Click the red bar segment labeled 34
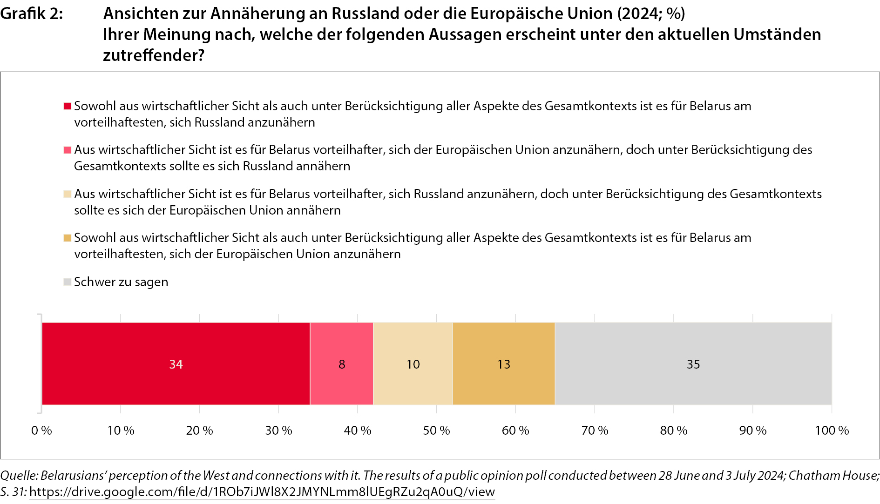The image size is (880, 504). coord(176,363)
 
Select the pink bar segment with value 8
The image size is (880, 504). coord(342,363)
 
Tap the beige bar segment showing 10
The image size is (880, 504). coord(413,363)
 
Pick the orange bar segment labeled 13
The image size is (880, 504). coord(504,363)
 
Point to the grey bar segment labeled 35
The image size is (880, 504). coord(693,363)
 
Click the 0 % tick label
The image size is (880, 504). coord(41,430)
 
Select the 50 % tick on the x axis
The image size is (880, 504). coord(436,430)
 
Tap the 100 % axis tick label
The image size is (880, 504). coord(832,430)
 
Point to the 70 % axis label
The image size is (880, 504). coord(595,430)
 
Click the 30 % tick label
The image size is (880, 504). coord(278,430)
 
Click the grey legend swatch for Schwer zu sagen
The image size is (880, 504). coord(68,282)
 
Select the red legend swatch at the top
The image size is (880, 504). coord(68,106)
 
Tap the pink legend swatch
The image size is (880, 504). coord(68,150)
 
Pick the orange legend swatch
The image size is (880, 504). coord(68,238)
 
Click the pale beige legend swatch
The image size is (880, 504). coord(68,194)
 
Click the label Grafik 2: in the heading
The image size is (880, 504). coord(32,14)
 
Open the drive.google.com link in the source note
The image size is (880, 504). coord(262,492)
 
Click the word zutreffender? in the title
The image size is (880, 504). coord(154,55)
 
